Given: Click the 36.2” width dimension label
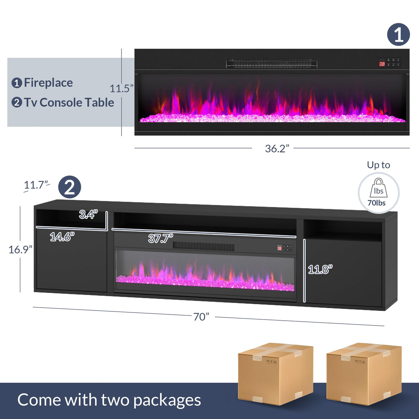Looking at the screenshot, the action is pyautogui.click(x=277, y=148).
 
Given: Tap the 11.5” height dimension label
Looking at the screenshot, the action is pyautogui.click(x=121, y=88).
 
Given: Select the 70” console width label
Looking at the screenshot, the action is pyautogui.click(x=201, y=317).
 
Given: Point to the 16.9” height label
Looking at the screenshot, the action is pyautogui.click(x=20, y=250).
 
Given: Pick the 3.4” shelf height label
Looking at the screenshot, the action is pyautogui.click(x=88, y=214).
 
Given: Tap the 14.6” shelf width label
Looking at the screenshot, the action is pyautogui.click(x=62, y=236).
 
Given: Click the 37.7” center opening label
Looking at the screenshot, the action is pyautogui.click(x=161, y=238).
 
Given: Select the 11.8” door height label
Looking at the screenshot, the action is pyautogui.click(x=320, y=270).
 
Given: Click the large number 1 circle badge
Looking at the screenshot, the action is pyautogui.click(x=399, y=35).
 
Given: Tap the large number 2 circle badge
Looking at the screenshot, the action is pyautogui.click(x=70, y=187).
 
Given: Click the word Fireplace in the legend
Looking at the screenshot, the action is pyautogui.click(x=48, y=83).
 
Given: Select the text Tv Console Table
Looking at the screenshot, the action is pyautogui.click(x=69, y=103).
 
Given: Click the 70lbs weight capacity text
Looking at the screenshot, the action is pyautogui.click(x=377, y=203).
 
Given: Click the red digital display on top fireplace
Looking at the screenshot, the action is pyautogui.click(x=382, y=64).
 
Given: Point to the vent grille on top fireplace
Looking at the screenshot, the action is pyautogui.click(x=271, y=63).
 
